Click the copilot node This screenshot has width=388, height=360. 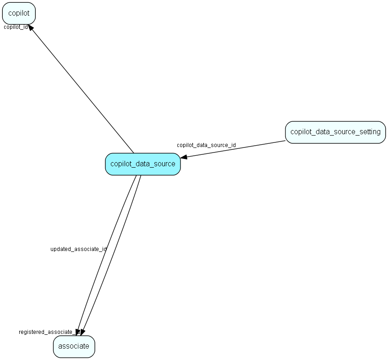coord(19,13)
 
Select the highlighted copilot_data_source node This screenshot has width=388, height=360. coord(143,164)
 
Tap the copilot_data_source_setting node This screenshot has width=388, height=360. coord(335,132)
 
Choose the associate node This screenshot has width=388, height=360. coord(74,346)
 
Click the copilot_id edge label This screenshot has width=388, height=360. coord(16,27)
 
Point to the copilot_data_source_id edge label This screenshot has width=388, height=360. coord(206,145)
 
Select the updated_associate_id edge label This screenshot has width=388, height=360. coord(78,249)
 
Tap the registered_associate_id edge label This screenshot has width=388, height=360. coord(49,332)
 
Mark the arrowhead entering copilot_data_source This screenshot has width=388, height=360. coord(184,157)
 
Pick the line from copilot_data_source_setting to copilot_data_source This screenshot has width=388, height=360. coord(234,149)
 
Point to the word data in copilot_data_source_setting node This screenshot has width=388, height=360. coord(323,132)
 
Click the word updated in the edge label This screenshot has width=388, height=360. coord(60,249)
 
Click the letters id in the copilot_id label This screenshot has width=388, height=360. coord(25,27)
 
